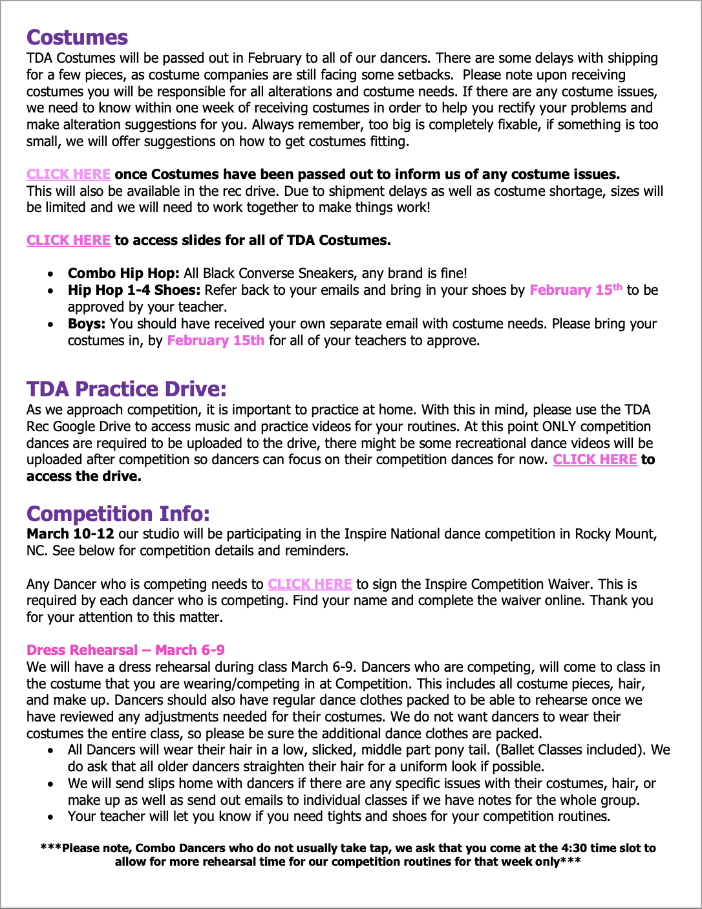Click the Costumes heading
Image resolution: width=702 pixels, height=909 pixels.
click(x=77, y=37)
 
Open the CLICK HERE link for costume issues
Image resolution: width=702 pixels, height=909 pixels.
click(x=69, y=175)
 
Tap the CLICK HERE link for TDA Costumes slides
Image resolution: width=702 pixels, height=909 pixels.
click(x=69, y=241)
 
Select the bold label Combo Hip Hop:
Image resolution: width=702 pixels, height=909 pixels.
click(x=123, y=273)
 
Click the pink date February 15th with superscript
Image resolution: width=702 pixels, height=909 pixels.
click(x=575, y=290)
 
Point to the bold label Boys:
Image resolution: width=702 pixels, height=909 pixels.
click(x=87, y=323)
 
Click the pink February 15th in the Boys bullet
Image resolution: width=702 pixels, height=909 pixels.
click(x=215, y=340)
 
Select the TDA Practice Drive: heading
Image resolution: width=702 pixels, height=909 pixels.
click(x=127, y=389)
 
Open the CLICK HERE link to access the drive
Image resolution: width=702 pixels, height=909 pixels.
click(x=595, y=460)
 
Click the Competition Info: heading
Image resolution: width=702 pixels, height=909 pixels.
click(x=118, y=514)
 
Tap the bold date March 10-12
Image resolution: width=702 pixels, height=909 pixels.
click(x=70, y=534)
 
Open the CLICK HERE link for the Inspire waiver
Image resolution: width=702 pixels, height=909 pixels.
click(x=310, y=584)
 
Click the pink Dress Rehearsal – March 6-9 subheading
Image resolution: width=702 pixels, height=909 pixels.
click(x=125, y=650)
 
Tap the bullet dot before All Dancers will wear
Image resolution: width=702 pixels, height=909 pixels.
click(x=51, y=751)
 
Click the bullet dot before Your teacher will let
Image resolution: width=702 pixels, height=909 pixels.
click(x=51, y=817)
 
